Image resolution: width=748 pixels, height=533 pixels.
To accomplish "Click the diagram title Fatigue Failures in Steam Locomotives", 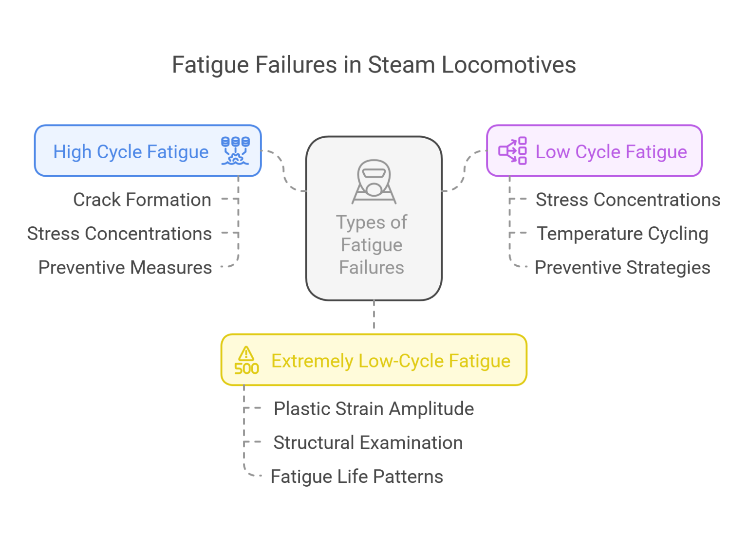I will point(374,65).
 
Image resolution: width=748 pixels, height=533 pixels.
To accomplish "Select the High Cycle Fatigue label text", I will point(131,152).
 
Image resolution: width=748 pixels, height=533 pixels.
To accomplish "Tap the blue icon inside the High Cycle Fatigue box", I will point(235,151).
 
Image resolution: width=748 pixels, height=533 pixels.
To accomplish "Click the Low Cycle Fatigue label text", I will point(611,152).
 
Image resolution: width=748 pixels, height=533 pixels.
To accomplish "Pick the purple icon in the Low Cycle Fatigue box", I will point(513,151).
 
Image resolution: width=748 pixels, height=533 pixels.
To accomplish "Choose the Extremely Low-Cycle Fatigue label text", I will point(391,361).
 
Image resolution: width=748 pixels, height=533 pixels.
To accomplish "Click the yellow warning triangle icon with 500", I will point(246,361).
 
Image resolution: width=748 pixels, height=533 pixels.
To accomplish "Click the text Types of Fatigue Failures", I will point(372,244).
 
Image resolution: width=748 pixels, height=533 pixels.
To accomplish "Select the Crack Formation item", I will point(142,200).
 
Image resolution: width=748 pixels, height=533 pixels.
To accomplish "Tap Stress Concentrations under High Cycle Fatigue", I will point(119,234).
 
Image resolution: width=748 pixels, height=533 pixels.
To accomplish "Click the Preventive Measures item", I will point(125,267).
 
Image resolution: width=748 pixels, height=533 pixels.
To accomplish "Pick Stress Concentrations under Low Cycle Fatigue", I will point(628,200).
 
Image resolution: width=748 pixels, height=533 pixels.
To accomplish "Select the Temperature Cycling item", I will point(622,234).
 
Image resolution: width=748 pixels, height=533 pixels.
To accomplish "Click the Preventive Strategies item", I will point(622,267).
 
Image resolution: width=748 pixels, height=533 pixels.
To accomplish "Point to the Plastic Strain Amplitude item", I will point(374,408).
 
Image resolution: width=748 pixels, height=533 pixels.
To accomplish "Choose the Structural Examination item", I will point(368,442).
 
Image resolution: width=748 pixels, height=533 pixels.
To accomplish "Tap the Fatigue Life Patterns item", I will point(356,477).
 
